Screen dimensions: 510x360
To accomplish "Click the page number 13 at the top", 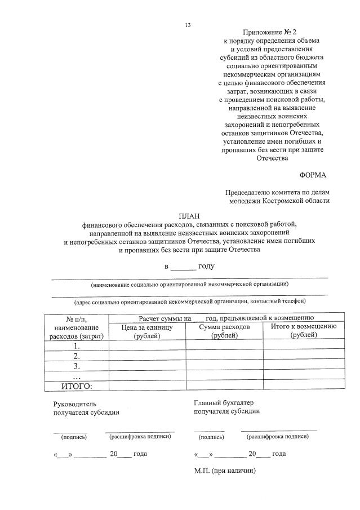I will pos(188,25).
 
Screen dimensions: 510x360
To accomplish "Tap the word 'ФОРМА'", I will pos(313,175).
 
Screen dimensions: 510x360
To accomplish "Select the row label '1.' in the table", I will pos(77,346).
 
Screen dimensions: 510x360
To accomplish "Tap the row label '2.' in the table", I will pos(77,356).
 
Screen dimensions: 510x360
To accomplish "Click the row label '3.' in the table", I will pos(77,366).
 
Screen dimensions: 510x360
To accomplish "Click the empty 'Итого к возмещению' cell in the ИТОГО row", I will pos(303,386).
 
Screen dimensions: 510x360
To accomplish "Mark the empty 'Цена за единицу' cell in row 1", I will pos(147,346).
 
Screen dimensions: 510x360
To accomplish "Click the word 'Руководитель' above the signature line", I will pos(75,403).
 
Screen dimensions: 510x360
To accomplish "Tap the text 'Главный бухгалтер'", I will pos(224,402).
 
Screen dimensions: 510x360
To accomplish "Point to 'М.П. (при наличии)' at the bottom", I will pos(224,471).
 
